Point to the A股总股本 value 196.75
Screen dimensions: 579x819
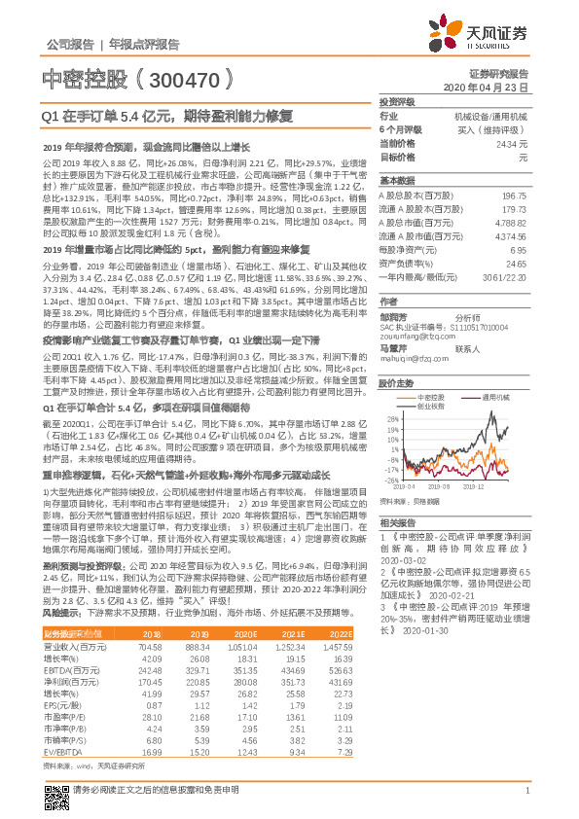pos(513,196)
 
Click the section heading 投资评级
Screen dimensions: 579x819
pos(397,101)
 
